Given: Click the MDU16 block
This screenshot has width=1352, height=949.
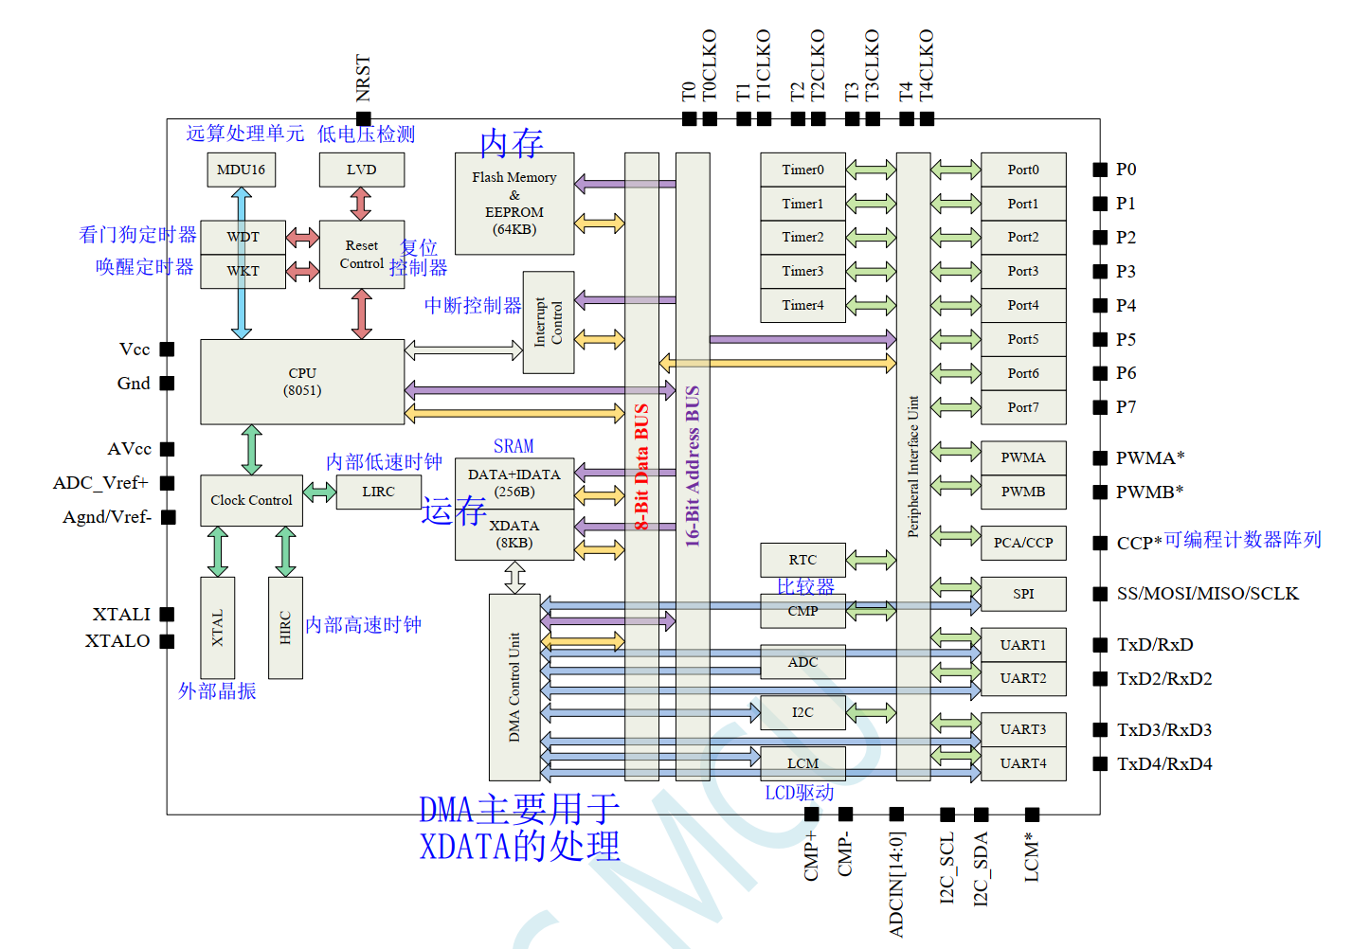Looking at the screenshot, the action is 241,170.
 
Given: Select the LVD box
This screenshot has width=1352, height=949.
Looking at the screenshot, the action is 362,170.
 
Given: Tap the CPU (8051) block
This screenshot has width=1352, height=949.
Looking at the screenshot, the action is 302,382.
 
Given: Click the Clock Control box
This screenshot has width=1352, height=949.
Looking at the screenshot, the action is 252,500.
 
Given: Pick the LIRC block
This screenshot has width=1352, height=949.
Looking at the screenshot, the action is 378,492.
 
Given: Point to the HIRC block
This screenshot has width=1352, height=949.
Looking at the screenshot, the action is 285,628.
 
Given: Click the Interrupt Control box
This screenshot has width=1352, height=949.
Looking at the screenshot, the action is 548,323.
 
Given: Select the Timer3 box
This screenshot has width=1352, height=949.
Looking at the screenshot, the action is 802,272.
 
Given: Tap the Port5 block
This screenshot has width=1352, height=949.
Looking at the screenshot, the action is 1023,340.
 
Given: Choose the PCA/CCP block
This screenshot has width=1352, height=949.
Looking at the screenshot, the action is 1023,543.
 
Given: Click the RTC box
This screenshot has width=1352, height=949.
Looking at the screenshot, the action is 802,560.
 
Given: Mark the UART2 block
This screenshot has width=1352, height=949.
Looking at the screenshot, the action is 1023,679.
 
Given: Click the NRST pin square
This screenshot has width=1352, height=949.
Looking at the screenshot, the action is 364,118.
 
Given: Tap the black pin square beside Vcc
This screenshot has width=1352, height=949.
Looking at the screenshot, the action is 167,349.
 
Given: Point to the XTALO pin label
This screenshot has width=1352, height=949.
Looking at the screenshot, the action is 117,640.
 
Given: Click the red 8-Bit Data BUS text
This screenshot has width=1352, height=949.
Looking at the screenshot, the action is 641,466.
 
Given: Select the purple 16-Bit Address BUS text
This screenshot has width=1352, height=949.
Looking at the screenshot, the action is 693,466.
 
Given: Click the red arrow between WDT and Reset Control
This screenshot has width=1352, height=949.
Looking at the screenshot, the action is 302,237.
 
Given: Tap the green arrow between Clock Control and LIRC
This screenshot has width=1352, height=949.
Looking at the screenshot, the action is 319,492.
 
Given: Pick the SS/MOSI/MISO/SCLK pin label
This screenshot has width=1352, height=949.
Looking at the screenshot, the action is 1207,594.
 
